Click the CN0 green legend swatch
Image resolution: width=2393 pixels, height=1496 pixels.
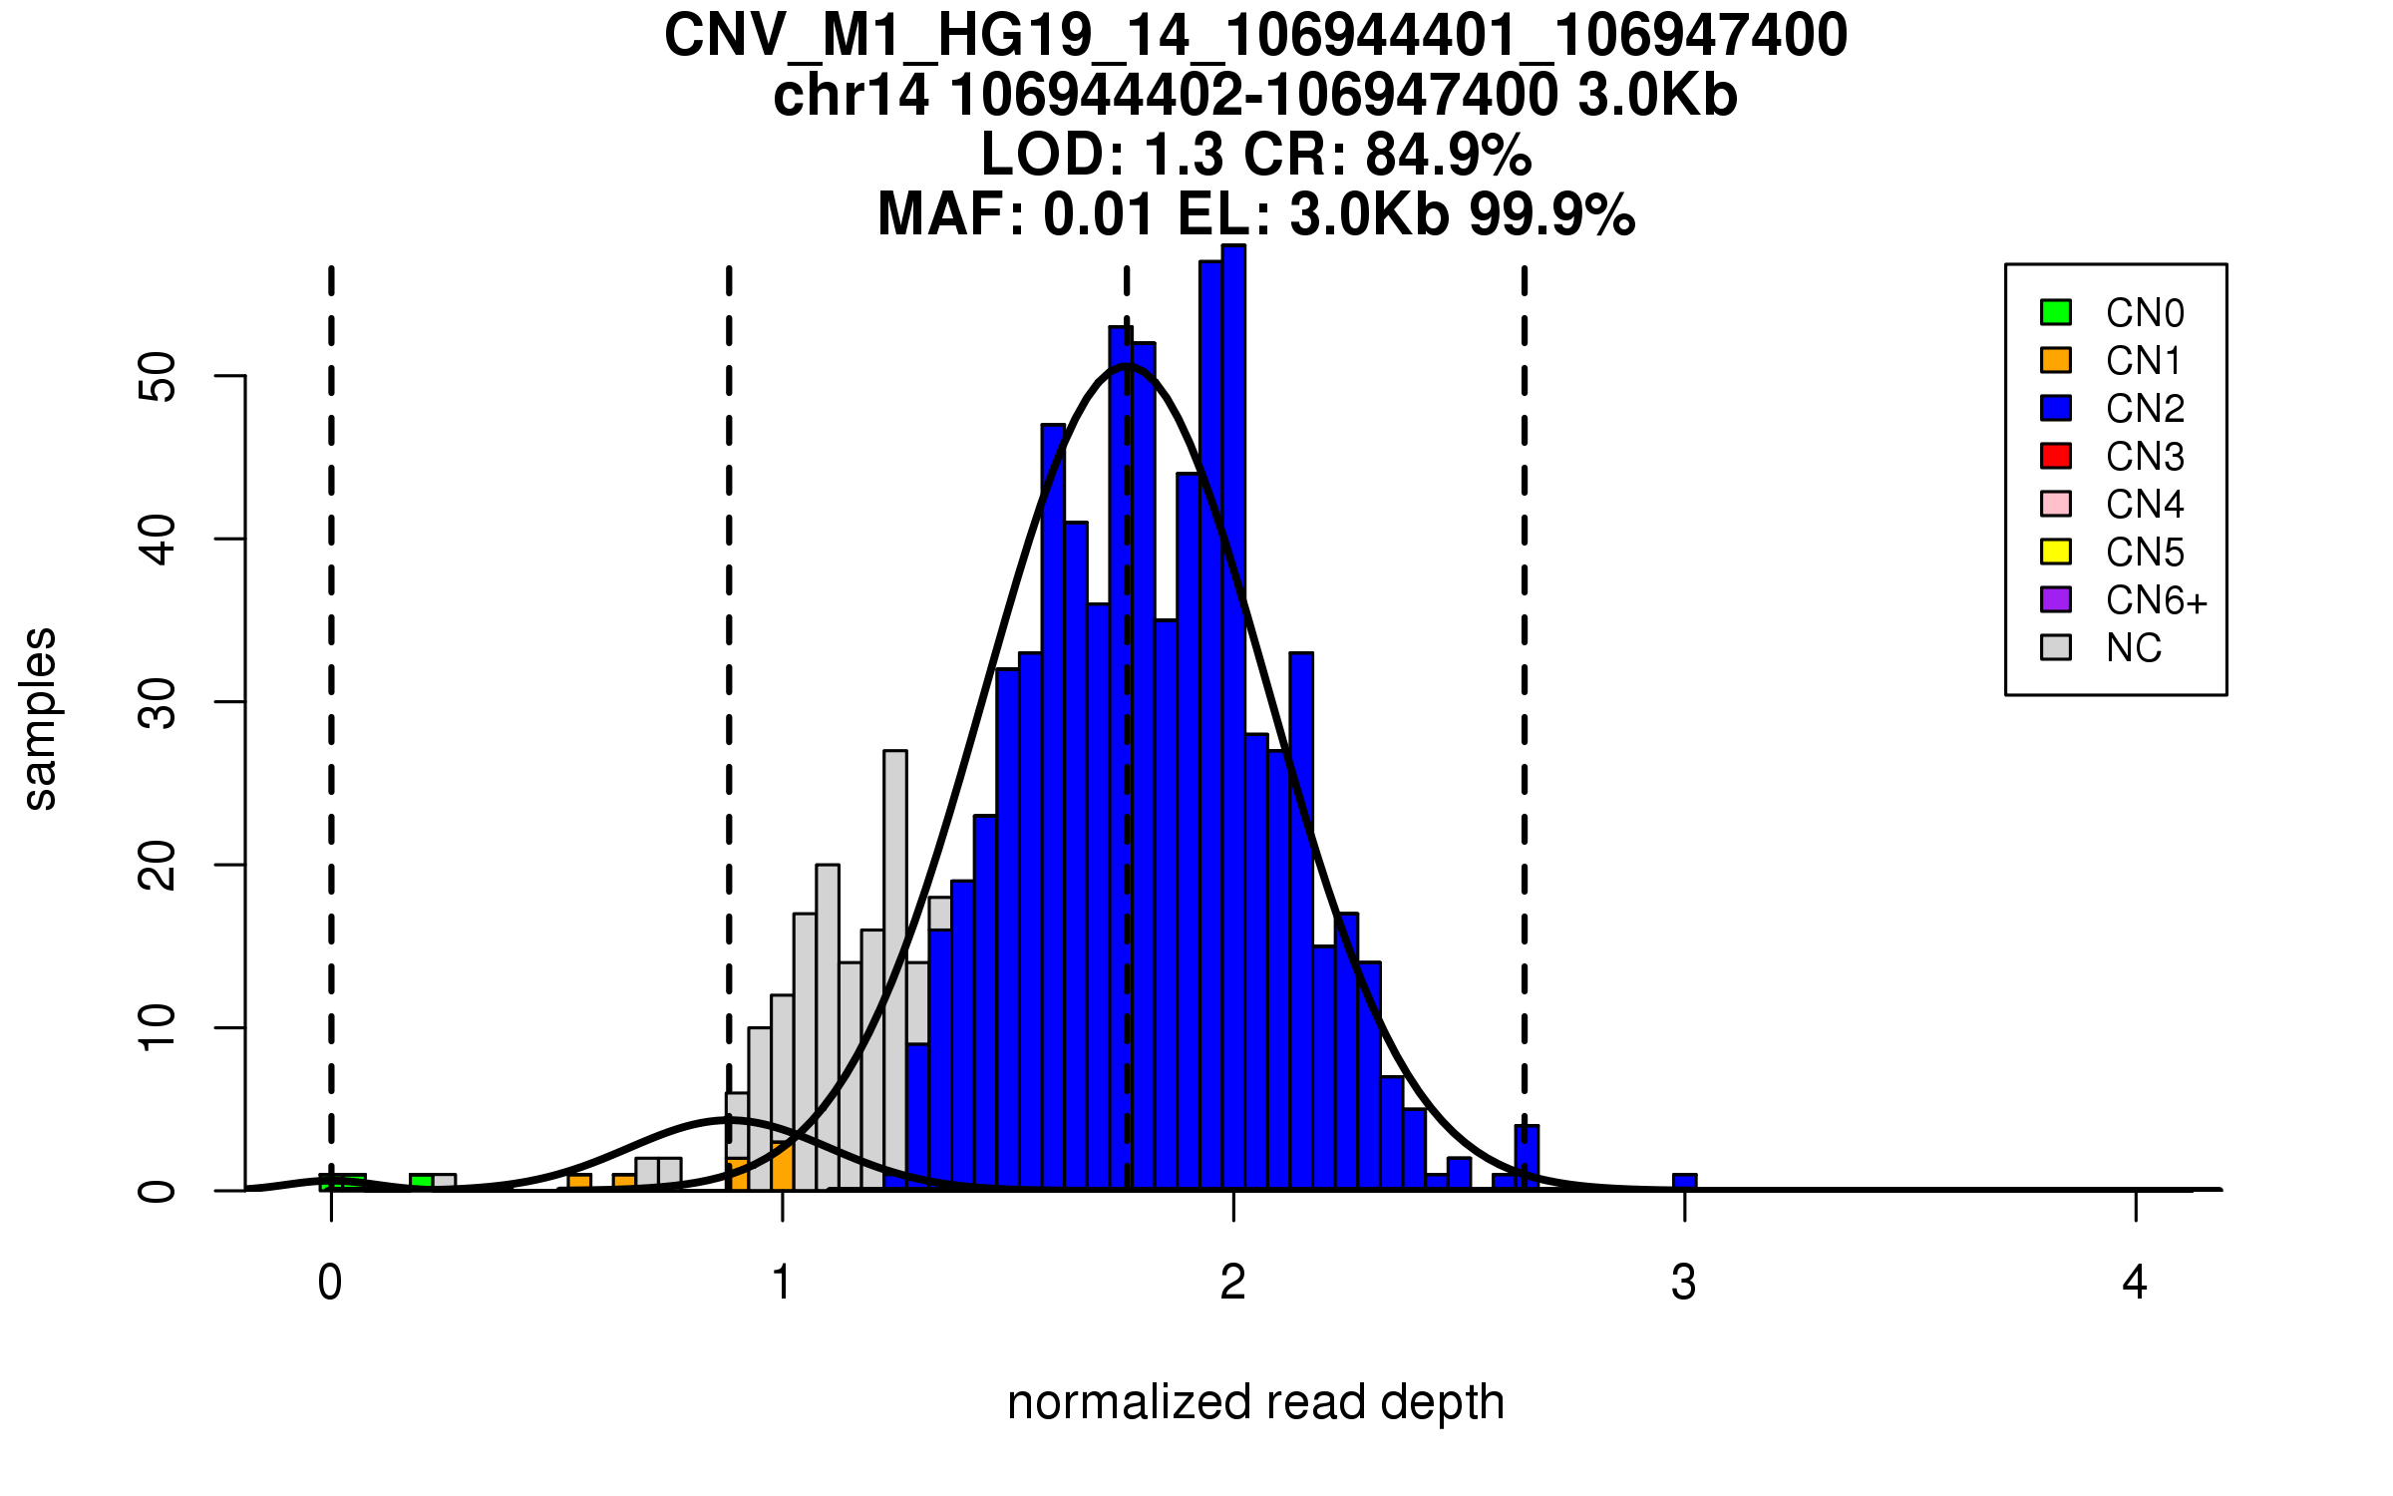(2056, 312)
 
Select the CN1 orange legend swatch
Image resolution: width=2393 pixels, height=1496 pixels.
(2056, 360)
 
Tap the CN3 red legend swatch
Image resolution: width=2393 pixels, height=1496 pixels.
(2056, 456)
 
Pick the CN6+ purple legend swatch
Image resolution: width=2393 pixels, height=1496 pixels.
(2056, 599)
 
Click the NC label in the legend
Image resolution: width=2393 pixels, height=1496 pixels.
(2133, 648)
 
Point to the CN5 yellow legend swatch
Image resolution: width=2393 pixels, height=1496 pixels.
(2056, 552)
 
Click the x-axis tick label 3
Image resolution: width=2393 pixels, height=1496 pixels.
(1684, 1283)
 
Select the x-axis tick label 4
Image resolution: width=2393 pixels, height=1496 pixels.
(2135, 1283)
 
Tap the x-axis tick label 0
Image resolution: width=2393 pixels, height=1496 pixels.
(330, 1283)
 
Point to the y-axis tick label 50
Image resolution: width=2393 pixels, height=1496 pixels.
(158, 376)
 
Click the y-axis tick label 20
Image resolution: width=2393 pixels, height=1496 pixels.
(158, 865)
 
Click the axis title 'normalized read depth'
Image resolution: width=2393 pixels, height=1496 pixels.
(1255, 1402)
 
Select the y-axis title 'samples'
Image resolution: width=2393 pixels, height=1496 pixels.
(40, 718)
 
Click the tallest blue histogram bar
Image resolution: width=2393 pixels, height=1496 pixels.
(1233, 718)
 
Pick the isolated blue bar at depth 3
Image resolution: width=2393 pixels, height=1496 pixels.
(1684, 1182)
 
